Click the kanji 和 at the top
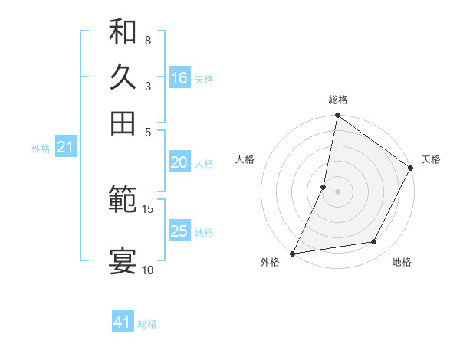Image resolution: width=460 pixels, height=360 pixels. [x=123, y=32]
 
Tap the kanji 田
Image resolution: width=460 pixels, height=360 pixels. [x=123, y=122]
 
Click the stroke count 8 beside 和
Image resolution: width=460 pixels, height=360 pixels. [x=147, y=40]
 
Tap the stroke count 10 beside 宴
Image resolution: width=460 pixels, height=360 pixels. [x=147, y=269]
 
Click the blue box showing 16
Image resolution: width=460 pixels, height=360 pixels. [x=179, y=78]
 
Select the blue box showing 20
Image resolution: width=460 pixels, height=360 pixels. [x=179, y=162]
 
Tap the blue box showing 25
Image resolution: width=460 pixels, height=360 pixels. [x=179, y=231]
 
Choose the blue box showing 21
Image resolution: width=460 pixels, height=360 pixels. [x=64, y=147]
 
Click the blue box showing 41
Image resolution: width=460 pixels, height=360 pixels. [x=123, y=322]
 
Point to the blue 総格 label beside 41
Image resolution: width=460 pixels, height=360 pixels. [x=147, y=324]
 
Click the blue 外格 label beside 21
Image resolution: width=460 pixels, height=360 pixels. [x=41, y=149]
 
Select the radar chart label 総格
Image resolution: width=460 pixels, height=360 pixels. [x=338, y=100]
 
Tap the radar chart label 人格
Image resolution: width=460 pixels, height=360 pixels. [x=245, y=159]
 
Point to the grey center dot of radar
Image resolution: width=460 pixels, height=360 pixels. [x=337, y=191]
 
